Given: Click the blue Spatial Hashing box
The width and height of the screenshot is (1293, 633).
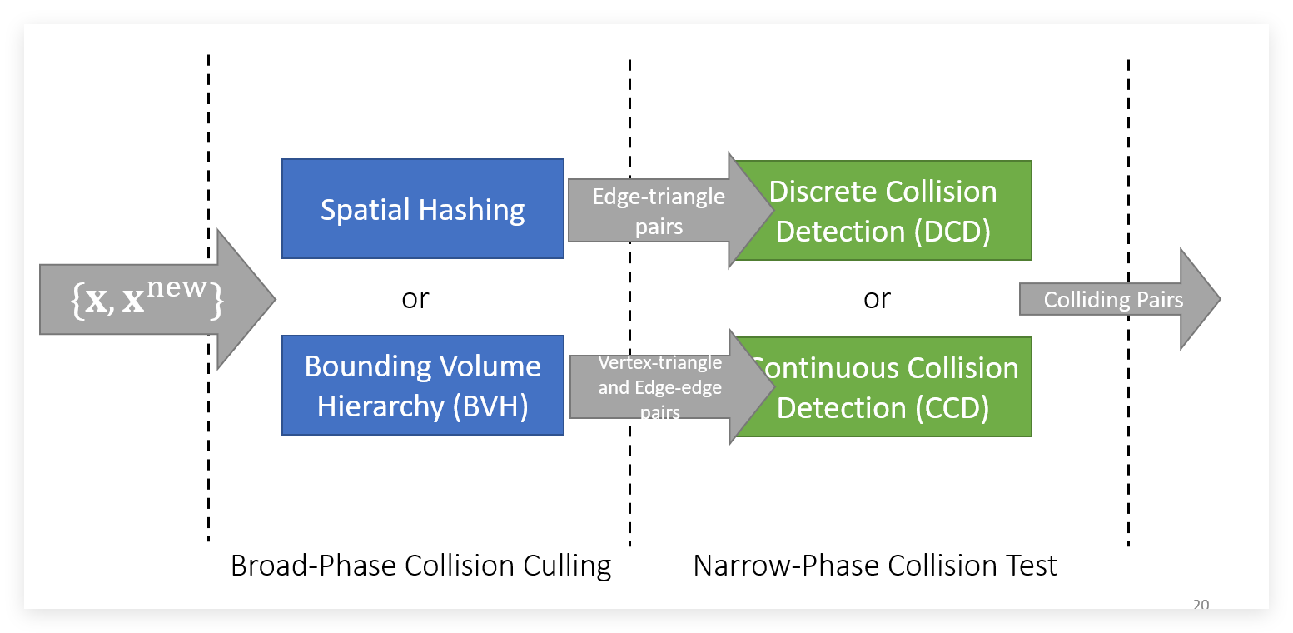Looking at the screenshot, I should [x=423, y=209].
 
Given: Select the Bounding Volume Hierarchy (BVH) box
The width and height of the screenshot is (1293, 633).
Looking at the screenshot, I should [x=423, y=386].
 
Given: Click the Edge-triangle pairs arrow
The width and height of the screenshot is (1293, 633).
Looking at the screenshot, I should [x=658, y=210].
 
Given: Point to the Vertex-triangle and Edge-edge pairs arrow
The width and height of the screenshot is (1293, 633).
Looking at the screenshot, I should [x=659, y=386].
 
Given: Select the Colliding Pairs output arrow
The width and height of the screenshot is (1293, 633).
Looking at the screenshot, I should [x=1114, y=300].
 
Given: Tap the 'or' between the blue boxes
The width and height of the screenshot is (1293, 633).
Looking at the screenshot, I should [x=415, y=298].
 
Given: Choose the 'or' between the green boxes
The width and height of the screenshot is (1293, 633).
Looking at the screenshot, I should [x=877, y=298].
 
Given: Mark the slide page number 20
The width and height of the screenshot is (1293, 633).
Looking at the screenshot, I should [x=1201, y=606].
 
